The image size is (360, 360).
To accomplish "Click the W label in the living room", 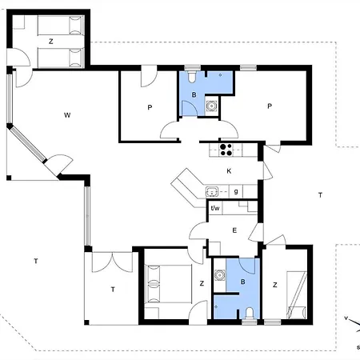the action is click(67, 115).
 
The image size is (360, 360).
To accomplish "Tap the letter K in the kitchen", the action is click(229, 171).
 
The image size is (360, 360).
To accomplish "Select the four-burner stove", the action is click(226, 150).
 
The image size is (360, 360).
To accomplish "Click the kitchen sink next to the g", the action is click(212, 192).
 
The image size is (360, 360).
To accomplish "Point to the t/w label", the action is click(215, 208).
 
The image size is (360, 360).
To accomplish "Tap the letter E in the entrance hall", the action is click(234, 230).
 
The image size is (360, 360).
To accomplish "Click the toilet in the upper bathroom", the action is click(192, 76).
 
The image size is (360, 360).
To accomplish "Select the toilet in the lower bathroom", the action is click(250, 314).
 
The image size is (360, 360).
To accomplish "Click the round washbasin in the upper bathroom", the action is click(212, 106).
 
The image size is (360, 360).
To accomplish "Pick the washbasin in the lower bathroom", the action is click(220, 275).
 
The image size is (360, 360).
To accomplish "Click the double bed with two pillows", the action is click(168, 284).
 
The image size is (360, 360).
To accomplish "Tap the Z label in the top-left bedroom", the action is click(51, 42).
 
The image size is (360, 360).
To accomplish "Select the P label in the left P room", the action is click(150, 107).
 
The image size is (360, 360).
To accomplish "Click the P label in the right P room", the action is click(270, 106).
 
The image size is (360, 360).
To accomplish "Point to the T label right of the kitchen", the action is click(320, 195).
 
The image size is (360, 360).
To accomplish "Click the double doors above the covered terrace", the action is click(112, 262).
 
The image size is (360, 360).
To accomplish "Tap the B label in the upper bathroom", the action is click(194, 94).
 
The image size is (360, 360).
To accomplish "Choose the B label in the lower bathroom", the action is click(242, 282).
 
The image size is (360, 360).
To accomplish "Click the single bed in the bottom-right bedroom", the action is click(297, 295).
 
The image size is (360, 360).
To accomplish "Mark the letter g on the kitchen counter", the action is click(236, 191).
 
